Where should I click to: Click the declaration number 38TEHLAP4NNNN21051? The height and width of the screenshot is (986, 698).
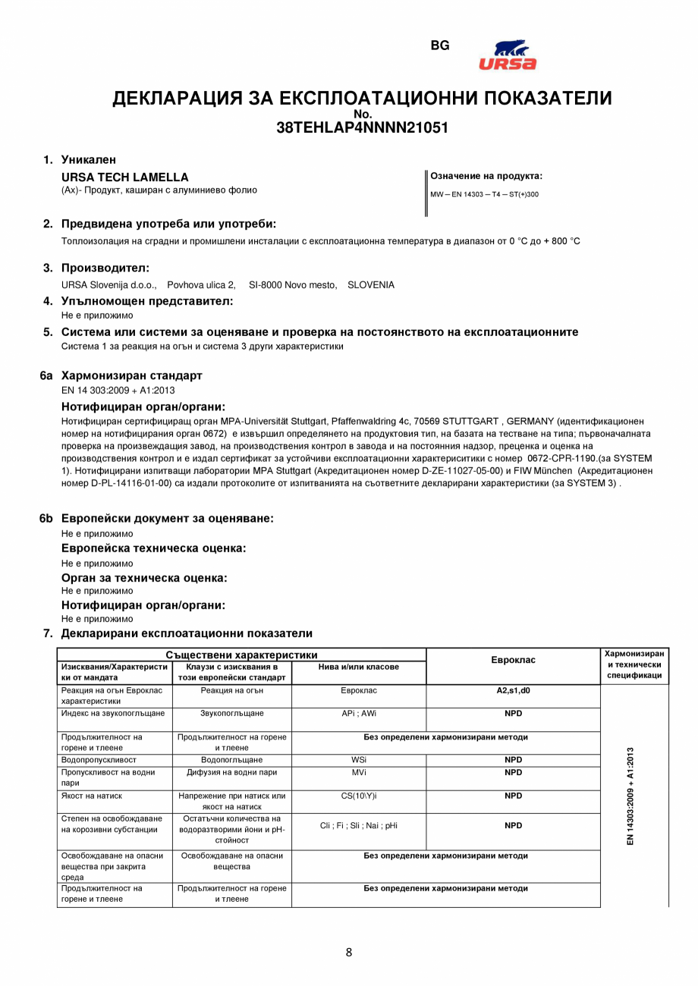tap(362, 128)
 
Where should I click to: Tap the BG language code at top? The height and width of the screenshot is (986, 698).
tap(440, 46)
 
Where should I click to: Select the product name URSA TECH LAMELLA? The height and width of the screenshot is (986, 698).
tap(124, 177)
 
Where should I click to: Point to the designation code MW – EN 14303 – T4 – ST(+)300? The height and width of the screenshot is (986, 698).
tap(484, 194)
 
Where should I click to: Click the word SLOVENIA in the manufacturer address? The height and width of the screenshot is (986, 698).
tap(371, 285)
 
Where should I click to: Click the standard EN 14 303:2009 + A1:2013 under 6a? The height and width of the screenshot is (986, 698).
tap(118, 390)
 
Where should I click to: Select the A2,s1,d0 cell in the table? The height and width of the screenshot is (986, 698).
tap(513, 691)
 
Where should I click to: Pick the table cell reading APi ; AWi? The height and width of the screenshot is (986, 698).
tap(359, 714)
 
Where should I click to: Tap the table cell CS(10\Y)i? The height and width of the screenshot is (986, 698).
tap(359, 796)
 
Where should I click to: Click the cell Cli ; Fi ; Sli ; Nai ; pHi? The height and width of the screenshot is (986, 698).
tap(359, 826)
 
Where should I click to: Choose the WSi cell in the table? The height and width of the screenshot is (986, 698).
tap(359, 759)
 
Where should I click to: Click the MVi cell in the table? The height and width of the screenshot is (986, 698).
tap(359, 773)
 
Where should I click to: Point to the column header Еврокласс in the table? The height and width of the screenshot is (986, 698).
tap(513, 660)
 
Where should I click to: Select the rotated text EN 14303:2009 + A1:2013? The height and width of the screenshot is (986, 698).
tap(630, 796)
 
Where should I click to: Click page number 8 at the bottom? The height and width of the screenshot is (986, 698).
tap(349, 953)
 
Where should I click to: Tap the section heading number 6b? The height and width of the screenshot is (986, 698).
tap(46, 519)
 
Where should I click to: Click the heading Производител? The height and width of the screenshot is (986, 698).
tap(105, 268)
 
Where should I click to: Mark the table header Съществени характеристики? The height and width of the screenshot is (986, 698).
tap(241, 655)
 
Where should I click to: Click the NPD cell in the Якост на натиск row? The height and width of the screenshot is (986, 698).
tap(513, 796)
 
